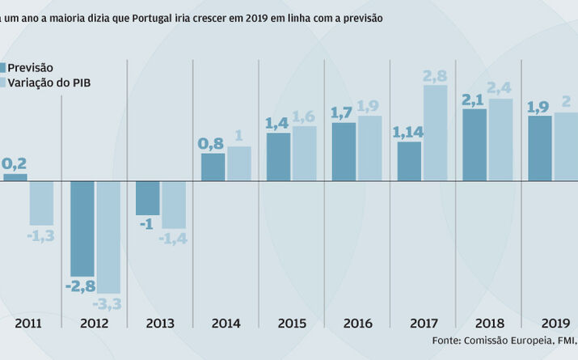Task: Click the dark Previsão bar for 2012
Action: point(82,227)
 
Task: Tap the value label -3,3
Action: point(107,304)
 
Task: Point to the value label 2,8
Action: point(434,76)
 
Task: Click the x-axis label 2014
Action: point(226,323)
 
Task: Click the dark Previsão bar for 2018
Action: point(475,144)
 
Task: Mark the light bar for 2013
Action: point(174,204)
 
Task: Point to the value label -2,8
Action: point(82,286)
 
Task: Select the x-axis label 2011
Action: point(28,323)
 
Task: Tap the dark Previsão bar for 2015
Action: point(278,156)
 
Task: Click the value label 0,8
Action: point(212,143)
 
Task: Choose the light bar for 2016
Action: point(369,147)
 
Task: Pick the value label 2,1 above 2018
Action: point(475,99)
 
